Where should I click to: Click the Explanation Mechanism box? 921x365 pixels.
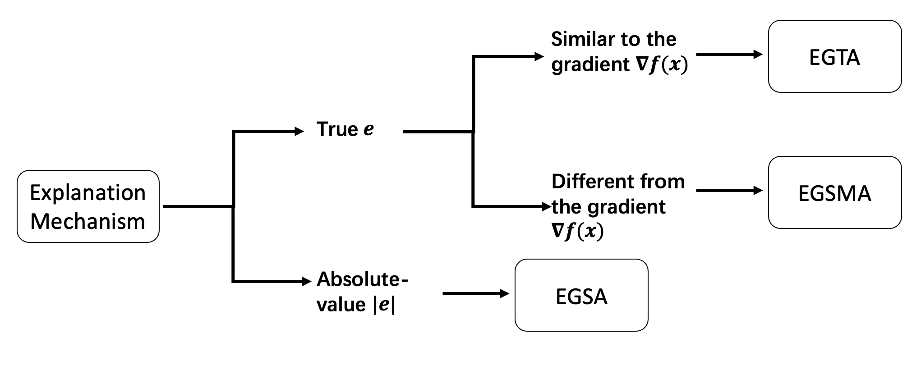(x=88, y=206)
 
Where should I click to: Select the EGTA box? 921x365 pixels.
(x=834, y=57)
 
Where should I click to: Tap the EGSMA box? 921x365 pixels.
(x=834, y=193)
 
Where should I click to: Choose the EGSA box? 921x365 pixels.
(x=581, y=296)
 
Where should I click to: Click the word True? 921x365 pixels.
(x=337, y=129)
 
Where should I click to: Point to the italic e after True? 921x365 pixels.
(x=368, y=130)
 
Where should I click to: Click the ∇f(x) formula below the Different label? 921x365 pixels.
(x=577, y=232)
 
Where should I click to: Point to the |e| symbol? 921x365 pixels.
(x=383, y=305)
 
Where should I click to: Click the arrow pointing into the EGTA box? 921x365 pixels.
(x=729, y=55)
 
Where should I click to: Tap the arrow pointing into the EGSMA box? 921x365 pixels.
(x=729, y=190)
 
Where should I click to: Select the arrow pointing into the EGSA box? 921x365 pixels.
(x=475, y=294)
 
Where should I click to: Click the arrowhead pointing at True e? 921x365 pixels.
(x=299, y=131)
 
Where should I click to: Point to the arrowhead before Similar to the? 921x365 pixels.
(x=539, y=56)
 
